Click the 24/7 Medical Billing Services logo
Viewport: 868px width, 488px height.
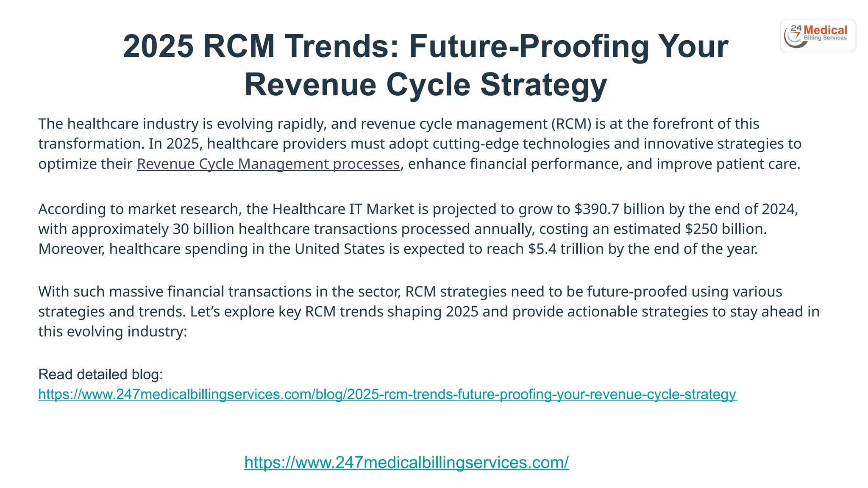[x=818, y=36]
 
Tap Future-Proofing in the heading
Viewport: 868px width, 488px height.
[x=529, y=46]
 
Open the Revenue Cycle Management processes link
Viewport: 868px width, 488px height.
[x=268, y=164]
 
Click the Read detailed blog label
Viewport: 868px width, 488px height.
[x=100, y=374]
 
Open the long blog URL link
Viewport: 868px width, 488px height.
[x=387, y=394]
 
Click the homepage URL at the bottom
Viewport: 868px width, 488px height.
[x=406, y=463]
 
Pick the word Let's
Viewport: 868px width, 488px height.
[x=205, y=312]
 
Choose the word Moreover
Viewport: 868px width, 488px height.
[x=71, y=249]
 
